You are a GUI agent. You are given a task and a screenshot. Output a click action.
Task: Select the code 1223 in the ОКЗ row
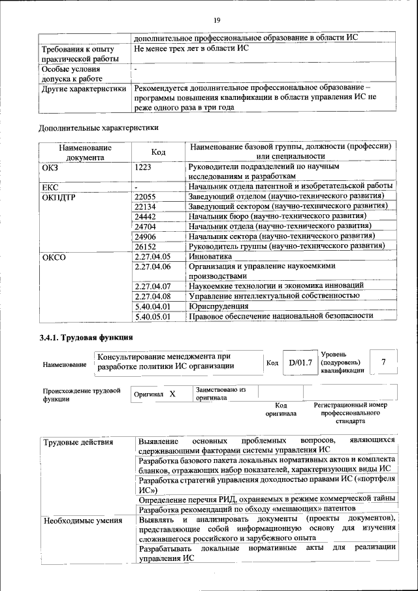pyautogui.click(x=144, y=167)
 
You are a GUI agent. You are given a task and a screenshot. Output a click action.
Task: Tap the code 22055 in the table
pyautogui.click(x=145, y=196)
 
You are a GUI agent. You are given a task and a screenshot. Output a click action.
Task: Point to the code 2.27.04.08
pyautogui.click(x=152, y=295)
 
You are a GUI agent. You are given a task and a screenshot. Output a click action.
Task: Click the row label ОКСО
pyautogui.click(x=54, y=257)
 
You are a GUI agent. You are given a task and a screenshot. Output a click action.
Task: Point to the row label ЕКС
pyautogui.click(x=51, y=187)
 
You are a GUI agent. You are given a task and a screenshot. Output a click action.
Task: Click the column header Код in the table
pyautogui.click(x=158, y=152)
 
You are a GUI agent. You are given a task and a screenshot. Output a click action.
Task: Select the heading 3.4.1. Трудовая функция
pyautogui.click(x=86, y=338)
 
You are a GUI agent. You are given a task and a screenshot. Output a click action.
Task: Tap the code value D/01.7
pyautogui.click(x=300, y=362)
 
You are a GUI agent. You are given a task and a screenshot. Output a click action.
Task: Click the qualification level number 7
pyautogui.click(x=383, y=362)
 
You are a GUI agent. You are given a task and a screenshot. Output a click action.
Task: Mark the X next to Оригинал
pyautogui.click(x=172, y=394)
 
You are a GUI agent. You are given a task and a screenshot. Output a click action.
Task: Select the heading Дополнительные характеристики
pyautogui.click(x=99, y=127)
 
